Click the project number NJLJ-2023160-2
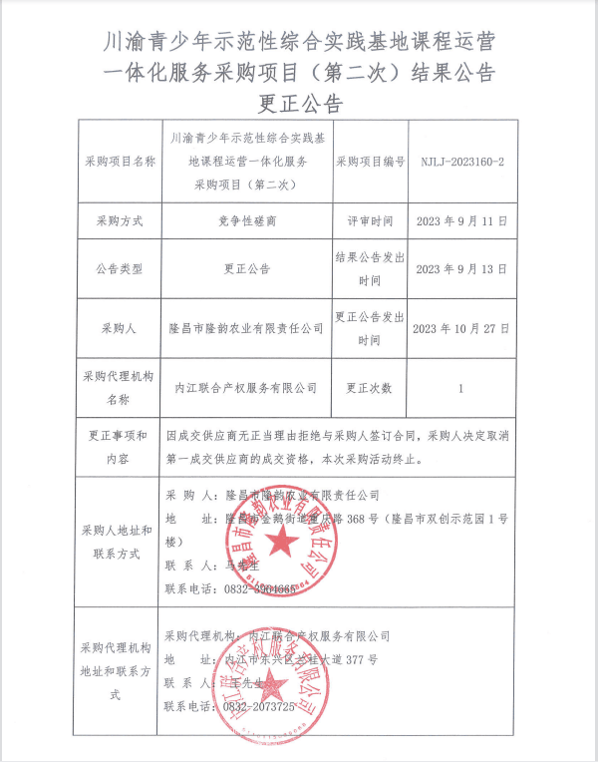pyautogui.click(x=460, y=161)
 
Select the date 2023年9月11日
pyautogui.click(x=460, y=220)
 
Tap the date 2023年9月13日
pyautogui.click(x=460, y=269)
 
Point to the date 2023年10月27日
pyautogui.click(x=460, y=327)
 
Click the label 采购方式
pyautogui.click(x=121, y=220)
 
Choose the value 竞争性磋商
pyautogui.click(x=245, y=220)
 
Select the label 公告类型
pyautogui.click(x=121, y=269)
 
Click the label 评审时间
pyautogui.click(x=370, y=220)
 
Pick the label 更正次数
pyautogui.click(x=370, y=387)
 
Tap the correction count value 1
pyautogui.click(x=460, y=387)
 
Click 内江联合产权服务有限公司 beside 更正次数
pyautogui.click(x=245, y=387)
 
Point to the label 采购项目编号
pyautogui.click(x=370, y=161)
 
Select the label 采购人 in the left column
pyautogui.click(x=121, y=327)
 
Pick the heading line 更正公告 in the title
pyautogui.click(x=299, y=104)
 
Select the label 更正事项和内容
pyautogui.click(x=121, y=448)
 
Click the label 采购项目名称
pyautogui.click(x=121, y=161)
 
